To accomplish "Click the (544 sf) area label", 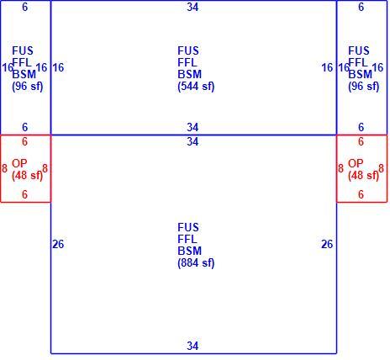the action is tap(196, 87).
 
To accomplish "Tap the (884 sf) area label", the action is tap(196, 263).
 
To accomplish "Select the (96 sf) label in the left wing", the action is tap(28, 87).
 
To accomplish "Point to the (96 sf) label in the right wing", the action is tap(364, 87).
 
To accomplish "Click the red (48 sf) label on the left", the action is tap(28, 176).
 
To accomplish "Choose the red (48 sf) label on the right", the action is tap(364, 176).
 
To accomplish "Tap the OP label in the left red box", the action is tap(19, 163).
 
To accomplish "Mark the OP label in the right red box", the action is tap(356, 163).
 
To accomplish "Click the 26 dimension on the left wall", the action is tap(58, 244).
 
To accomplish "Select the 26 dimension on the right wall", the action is tap(327, 244).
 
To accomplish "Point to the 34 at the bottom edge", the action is tap(192, 346).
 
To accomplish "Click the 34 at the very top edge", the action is tap(192, 7).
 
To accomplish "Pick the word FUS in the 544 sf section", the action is tap(188, 51).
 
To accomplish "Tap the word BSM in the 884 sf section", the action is tap(189, 251).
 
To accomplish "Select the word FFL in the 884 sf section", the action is tap(187, 239).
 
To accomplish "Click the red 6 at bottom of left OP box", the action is tap(24, 194).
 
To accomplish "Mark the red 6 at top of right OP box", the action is tap(361, 141).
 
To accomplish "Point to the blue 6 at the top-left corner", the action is tap(24, 7).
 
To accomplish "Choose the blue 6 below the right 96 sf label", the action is tap(361, 127).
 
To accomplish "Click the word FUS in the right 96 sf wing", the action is tap(359, 51).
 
